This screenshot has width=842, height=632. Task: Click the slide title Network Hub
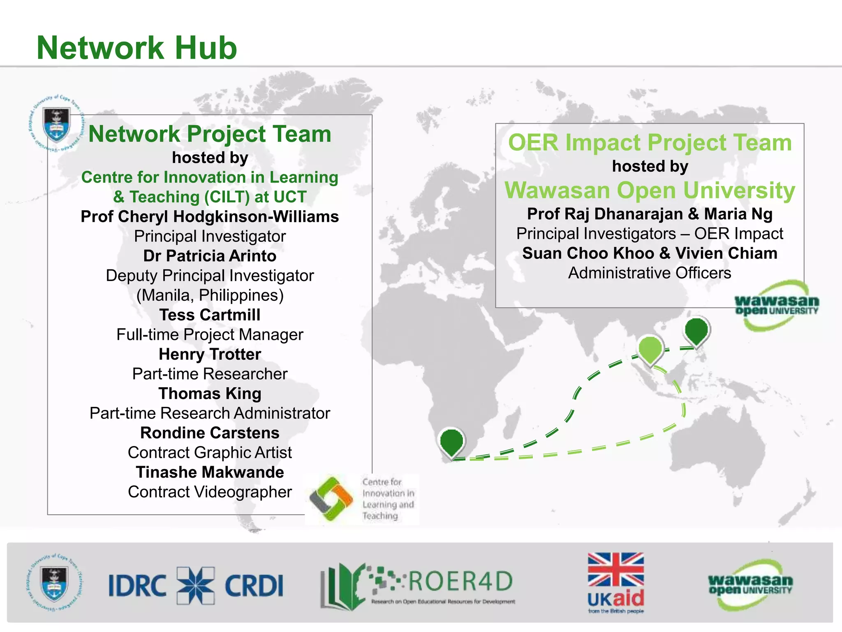137,48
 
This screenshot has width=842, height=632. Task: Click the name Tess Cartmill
210,315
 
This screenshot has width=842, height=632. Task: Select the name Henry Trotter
210,354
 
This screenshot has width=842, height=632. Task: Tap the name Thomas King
210,394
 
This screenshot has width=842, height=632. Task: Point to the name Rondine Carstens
210,433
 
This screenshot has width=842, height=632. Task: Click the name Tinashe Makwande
210,472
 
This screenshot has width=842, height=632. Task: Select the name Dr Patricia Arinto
210,256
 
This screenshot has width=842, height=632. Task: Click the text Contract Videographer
210,492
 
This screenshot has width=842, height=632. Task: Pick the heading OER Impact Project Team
650,143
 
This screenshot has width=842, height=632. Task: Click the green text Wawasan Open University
650,191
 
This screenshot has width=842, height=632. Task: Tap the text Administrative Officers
650,273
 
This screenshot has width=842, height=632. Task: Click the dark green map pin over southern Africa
451,441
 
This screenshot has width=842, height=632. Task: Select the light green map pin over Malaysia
650,349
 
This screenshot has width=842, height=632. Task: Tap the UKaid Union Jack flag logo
615,569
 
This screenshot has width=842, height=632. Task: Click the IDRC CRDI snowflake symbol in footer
196,585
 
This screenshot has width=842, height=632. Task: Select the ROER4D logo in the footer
417,586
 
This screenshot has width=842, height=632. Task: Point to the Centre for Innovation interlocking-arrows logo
331,499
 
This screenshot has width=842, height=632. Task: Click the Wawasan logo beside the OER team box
776,306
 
